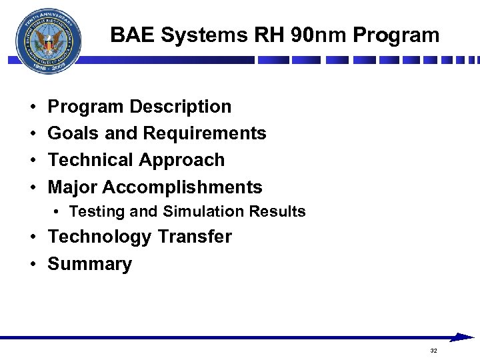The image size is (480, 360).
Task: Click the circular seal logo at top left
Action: [48, 41]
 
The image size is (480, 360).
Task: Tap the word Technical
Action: [91, 160]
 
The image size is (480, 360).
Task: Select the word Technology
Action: [100, 237]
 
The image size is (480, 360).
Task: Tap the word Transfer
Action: [195, 237]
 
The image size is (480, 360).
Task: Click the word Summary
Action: [90, 264]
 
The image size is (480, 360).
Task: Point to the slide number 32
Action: [433, 351]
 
